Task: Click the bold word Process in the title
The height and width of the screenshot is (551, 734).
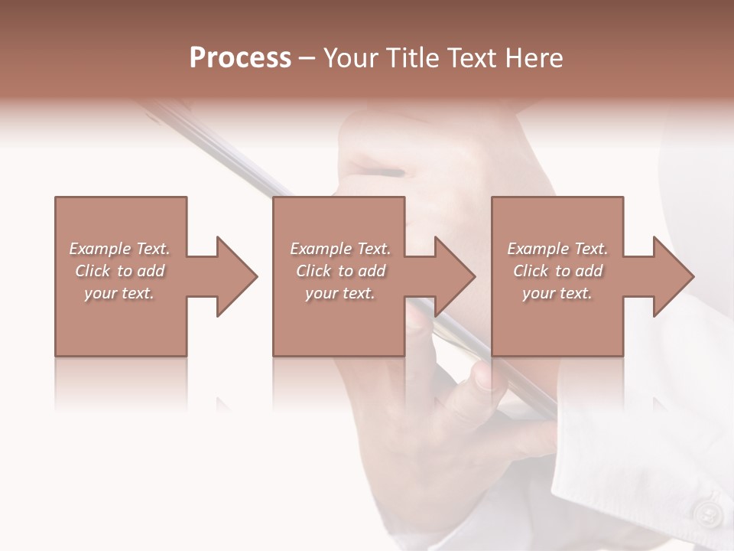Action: (x=240, y=58)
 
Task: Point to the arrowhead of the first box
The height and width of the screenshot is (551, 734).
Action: (x=236, y=276)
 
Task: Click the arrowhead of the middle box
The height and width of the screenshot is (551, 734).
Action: (x=454, y=276)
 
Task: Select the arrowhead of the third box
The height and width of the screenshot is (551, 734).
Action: (x=673, y=276)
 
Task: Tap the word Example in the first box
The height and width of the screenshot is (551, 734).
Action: (x=100, y=249)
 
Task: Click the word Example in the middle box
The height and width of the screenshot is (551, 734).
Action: (x=321, y=249)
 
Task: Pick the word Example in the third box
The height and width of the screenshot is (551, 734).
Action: (x=538, y=249)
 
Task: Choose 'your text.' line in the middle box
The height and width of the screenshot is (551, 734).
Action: (x=339, y=293)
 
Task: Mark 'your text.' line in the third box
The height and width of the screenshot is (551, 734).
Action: (x=557, y=293)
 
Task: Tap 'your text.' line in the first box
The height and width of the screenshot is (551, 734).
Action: (x=119, y=293)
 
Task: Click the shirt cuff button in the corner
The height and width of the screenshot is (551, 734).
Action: (x=707, y=511)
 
